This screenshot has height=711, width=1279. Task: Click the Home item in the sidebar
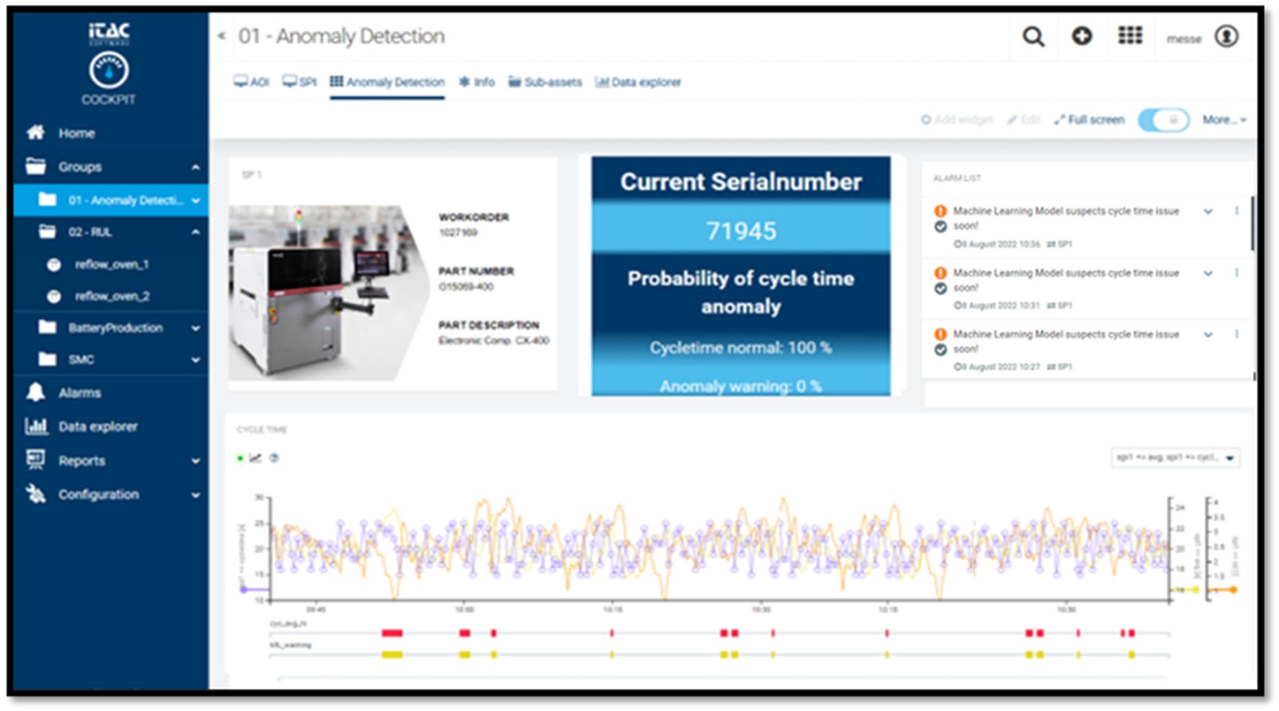tap(75, 133)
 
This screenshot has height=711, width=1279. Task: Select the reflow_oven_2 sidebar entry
tap(112, 296)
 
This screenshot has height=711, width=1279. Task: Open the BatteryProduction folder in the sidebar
tap(115, 328)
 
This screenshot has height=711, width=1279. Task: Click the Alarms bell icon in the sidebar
tap(36, 393)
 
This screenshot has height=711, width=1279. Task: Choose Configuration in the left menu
tap(98, 495)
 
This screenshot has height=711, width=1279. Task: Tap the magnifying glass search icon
tap(1033, 36)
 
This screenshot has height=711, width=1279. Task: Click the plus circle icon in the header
tap(1082, 36)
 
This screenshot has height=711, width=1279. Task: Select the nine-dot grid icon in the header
tap(1130, 36)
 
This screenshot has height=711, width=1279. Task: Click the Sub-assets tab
tap(545, 82)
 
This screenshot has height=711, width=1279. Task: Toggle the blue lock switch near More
tap(1164, 120)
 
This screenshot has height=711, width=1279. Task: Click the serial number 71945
tap(741, 231)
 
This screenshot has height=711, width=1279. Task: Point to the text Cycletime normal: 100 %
tap(741, 348)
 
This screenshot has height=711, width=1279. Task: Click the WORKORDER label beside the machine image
tap(473, 218)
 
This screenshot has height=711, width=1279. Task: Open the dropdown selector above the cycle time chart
tap(1175, 458)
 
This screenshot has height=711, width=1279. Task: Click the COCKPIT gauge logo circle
tap(108, 70)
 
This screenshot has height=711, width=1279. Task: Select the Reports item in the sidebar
tap(82, 461)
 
